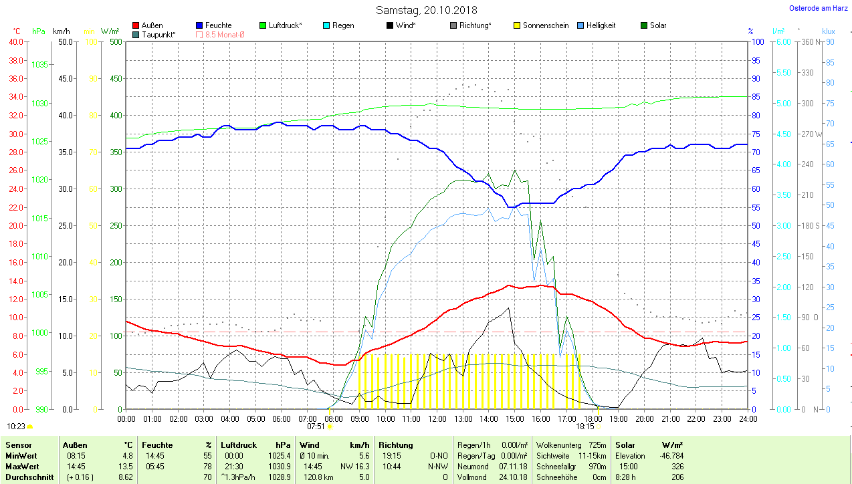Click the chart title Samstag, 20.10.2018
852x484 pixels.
pyautogui.click(x=426, y=10)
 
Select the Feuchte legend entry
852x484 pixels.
pyautogui.click(x=218, y=25)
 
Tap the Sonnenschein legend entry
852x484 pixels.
pyautogui.click(x=546, y=25)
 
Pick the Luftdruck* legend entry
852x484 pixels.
pyautogui.click(x=285, y=25)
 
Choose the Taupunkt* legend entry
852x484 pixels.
pyautogui.click(x=158, y=34)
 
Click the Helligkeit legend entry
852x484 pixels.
pyautogui.click(x=601, y=25)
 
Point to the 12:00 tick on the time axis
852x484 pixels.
pyautogui.click(x=437, y=418)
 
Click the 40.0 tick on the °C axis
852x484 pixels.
pyautogui.click(x=14, y=41)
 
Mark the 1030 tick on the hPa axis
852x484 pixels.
pyautogui.click(x=39, y=103)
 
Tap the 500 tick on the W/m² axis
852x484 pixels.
pyautogui.click(x=115, y=41)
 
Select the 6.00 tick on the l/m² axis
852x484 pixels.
pyautogui.click(x=782, y=41)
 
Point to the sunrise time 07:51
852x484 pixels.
pyautogui.click(x=316, y=426)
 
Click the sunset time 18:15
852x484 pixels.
pyautogui.click(x=584, y=426)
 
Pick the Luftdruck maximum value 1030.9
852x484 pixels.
pyautogui.click(x=279, y=466)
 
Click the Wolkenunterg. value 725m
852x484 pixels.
pyautogui.click(x=597, y=445)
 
